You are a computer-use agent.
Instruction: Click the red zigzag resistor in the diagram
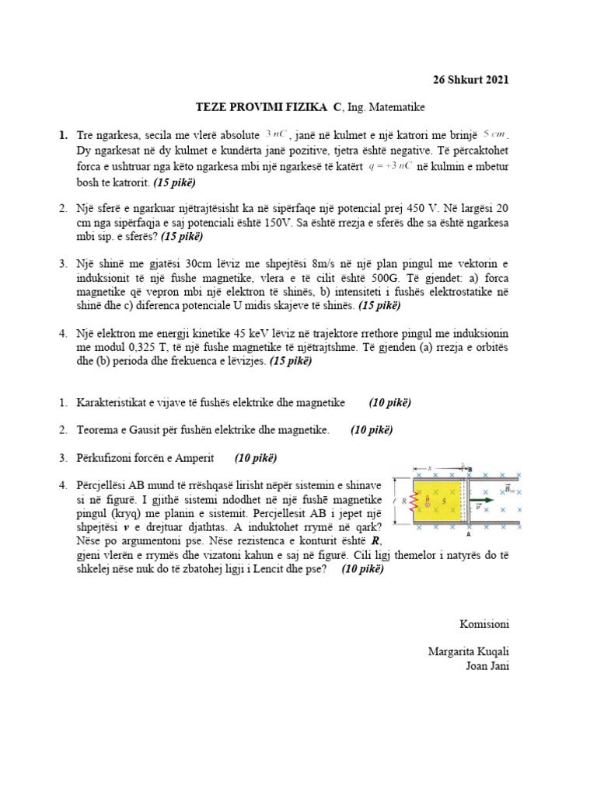[416, 502]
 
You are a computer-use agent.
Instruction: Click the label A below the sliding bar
[468, 534]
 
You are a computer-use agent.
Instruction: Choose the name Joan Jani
[487, 665]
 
